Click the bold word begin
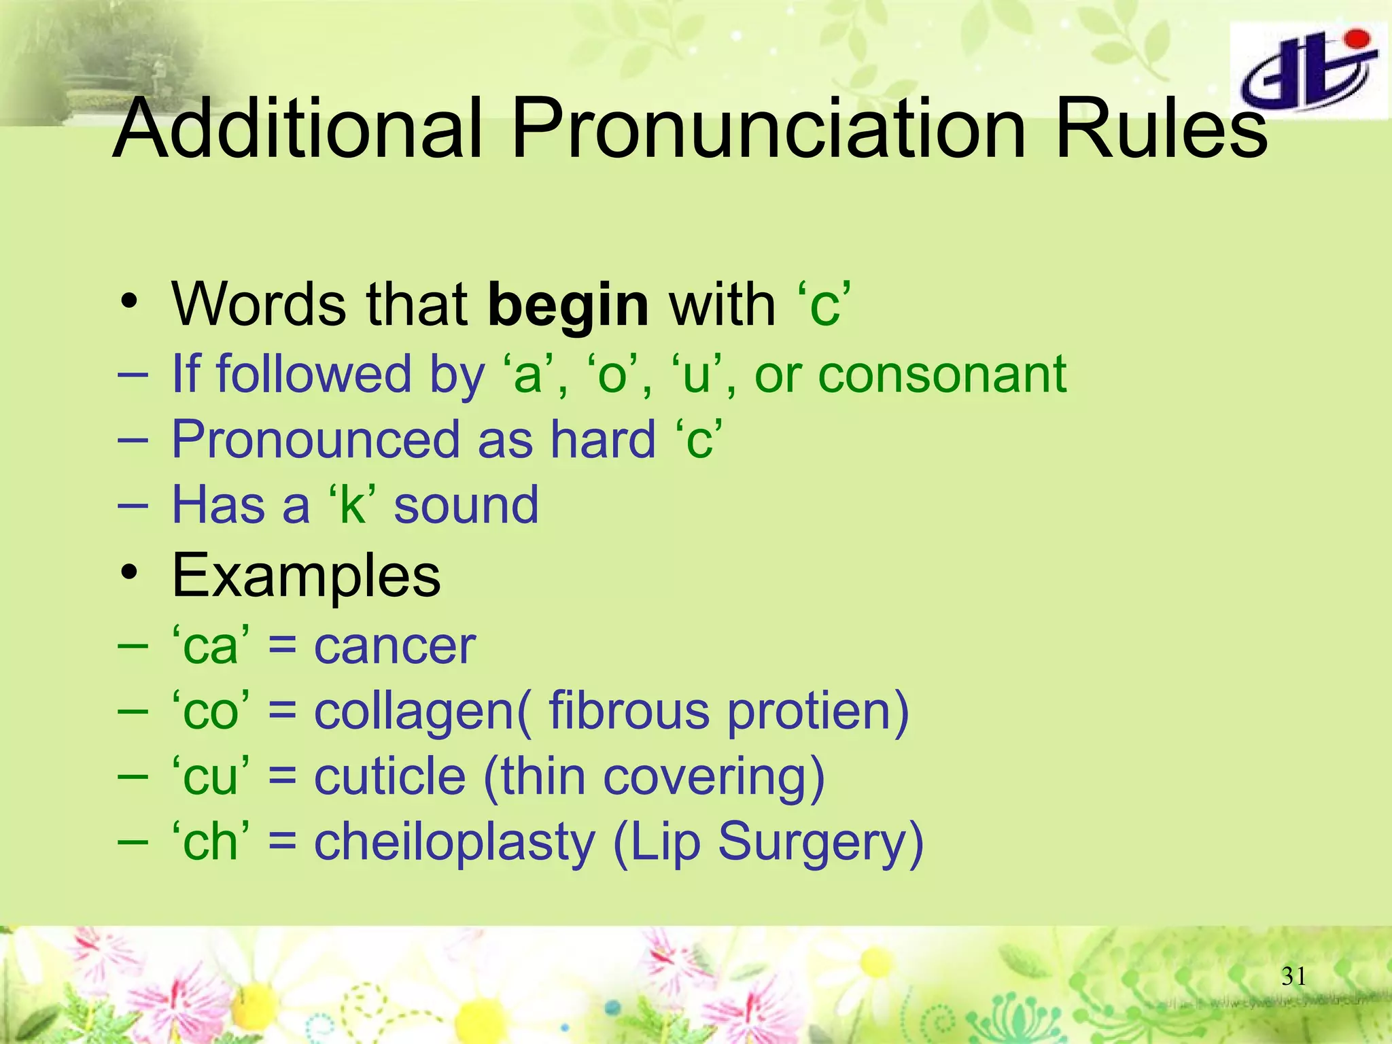tap(568, 306)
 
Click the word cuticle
tap(389, 776)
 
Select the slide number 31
tap(1293, 977)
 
